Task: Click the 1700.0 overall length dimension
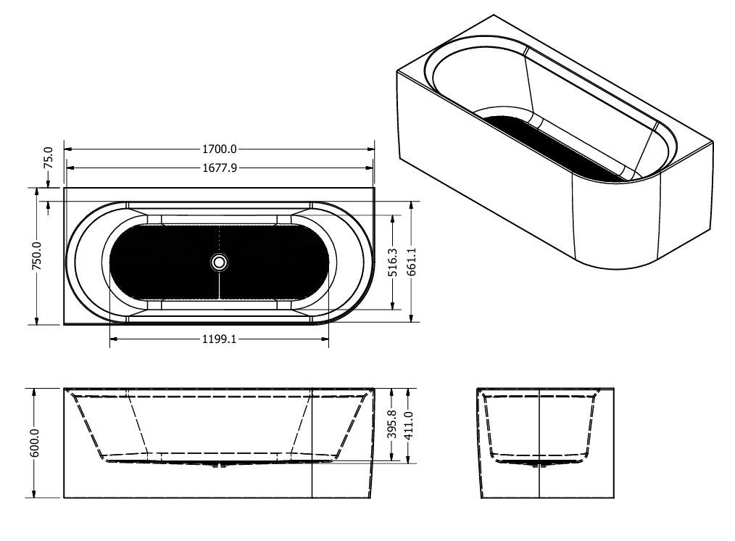220,149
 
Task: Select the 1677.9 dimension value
220,168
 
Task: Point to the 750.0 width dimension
37,256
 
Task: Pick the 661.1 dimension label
411,262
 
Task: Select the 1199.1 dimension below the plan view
220,339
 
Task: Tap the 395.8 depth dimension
392,424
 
